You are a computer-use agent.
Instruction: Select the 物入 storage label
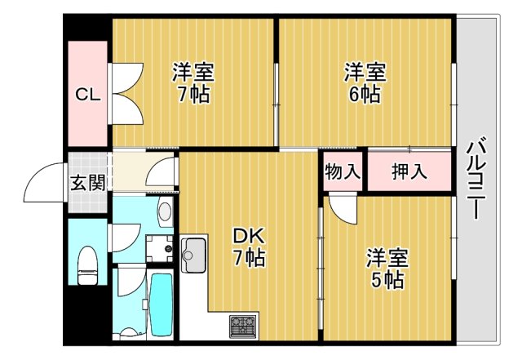coord(343,172)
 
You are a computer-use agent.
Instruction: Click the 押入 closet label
coord(408,172)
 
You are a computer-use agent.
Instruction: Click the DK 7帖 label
coord(249,247)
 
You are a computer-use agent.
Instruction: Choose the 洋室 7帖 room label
coord(191,82)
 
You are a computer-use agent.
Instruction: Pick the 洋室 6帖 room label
coord(363,82)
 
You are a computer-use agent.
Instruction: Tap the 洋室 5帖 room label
coord(387,269)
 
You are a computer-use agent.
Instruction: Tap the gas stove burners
coord(243,327)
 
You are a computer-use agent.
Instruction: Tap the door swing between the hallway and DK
coord(164,171)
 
